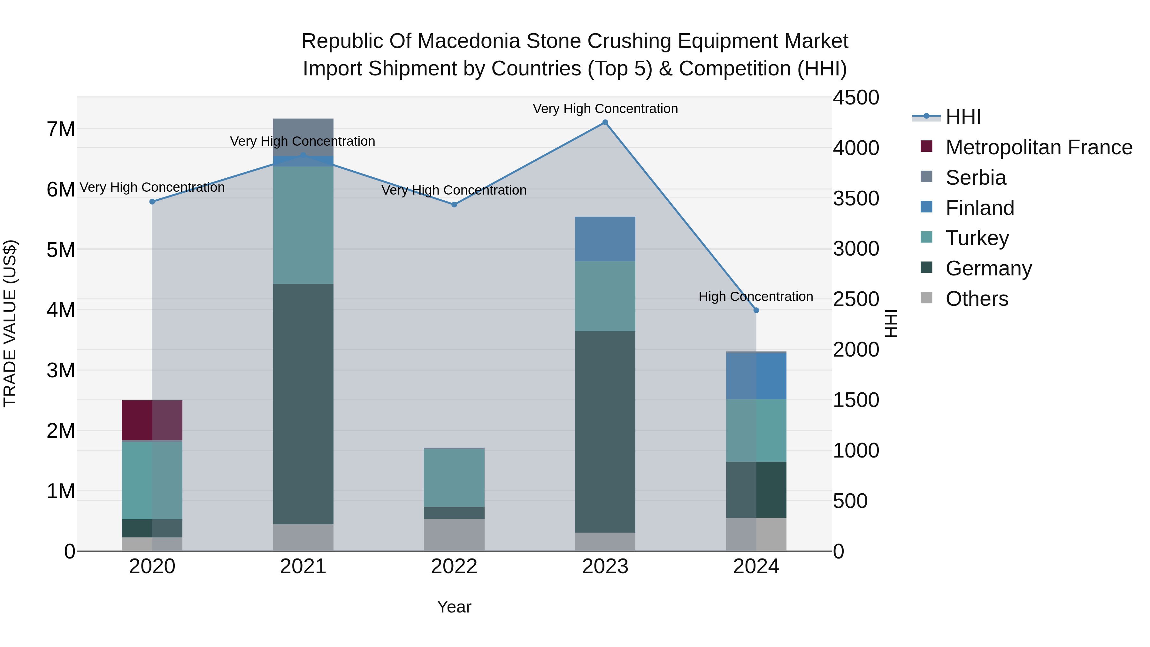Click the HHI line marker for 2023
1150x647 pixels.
605,122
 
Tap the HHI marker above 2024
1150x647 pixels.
756,310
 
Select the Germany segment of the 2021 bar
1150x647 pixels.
303,404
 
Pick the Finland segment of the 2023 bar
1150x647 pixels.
605,239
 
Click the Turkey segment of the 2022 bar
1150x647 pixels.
454,477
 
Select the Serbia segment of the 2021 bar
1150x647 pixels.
303,137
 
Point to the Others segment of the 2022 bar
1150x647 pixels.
454,535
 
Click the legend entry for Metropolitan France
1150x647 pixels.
1039,147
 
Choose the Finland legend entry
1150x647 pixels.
979,208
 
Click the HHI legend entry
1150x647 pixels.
963,117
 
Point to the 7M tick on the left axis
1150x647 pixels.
61,129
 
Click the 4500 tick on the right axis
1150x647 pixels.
856,98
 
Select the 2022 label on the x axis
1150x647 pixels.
454,566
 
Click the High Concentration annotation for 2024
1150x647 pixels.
755,297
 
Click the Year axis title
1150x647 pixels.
454,607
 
